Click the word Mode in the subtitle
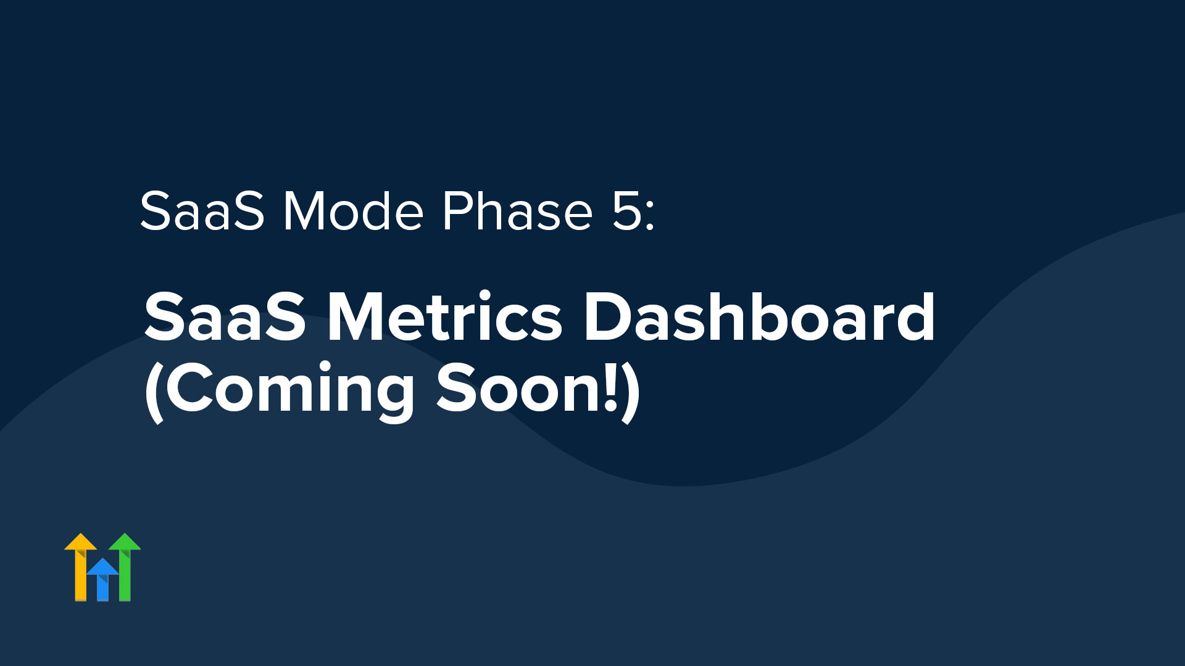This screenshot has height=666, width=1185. pos(354,211)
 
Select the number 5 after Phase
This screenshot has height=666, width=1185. pos(626,212)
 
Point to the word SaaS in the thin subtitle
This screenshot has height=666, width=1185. pos(202,211)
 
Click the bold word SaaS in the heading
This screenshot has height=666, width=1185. pos(225,317)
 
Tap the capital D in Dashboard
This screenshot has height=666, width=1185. pos(607,317)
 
